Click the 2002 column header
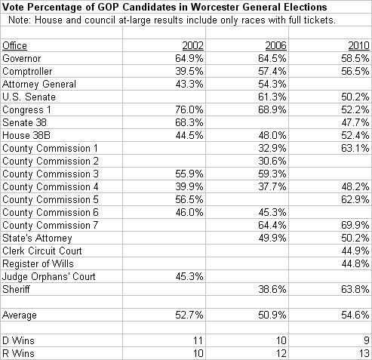point(192,46)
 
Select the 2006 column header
point(275,46)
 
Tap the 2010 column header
point(358,46)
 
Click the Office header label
point(14,46)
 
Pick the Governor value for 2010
point(355,59)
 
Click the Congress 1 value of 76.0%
point(189,110)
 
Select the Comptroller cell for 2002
point(189,72)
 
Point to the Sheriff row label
point(16,289)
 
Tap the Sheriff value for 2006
point(272,289)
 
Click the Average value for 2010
point(355,315)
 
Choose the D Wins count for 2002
point(198,340)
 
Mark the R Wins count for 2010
point(364,353)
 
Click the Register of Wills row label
point(38,263)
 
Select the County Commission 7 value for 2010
point(355,225)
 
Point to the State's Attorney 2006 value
point(272,238)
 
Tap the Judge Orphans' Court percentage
point(189,276)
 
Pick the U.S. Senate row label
point(29,97)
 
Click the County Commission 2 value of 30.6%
point(272,161)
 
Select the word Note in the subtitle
point(20,20)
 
